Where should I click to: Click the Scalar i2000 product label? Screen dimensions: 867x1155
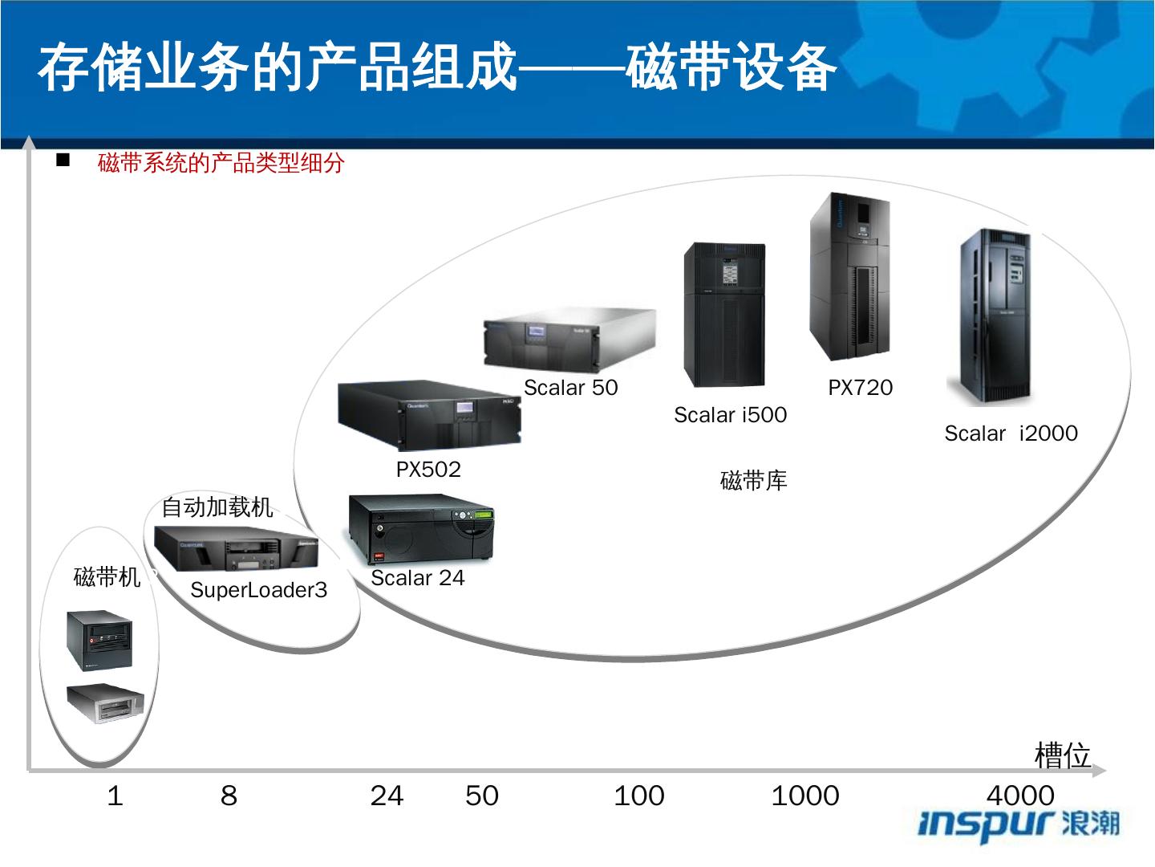[x=1011, y=433]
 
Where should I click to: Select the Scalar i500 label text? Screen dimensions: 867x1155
[x=730, y=415]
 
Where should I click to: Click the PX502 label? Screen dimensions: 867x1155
[x=428, y=470]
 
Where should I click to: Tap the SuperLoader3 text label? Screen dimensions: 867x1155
[x=258, y=591]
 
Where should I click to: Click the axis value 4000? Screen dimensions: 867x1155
[x=1020, y=796]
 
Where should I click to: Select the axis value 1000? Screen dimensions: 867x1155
[x=804, y=796]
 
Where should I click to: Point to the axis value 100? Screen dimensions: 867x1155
[x=638, y=796]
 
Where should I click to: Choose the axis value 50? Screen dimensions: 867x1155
[x=481, y=796]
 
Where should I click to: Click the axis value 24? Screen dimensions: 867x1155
[x=387, y=796]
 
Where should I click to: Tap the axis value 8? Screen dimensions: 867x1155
[x=229, y=796]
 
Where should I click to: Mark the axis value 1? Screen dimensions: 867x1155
[x=115, y=796]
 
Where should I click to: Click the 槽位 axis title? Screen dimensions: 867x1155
[x=1063, y=755]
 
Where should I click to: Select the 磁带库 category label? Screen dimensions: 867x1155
[x=753, y=481]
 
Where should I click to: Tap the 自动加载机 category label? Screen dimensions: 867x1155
[x=217, y=507]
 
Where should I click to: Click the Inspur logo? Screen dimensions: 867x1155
[x=1019, y=824]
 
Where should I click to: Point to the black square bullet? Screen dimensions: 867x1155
[x=63, y=161]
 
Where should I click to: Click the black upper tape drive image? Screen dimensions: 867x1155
[x=99, y=640]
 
